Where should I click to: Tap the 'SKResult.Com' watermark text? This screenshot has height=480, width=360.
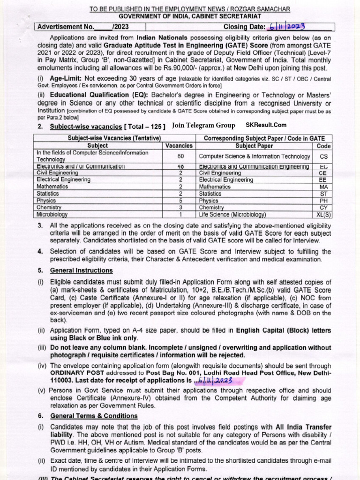(x=266, y=125)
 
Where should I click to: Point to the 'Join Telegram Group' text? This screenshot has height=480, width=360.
(x=203, y=125)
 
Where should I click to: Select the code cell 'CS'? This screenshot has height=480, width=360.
(x=323, y=157)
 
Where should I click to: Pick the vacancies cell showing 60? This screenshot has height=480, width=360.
(x=180, y=157)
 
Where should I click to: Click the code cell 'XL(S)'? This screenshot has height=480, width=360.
(x=323, y=214)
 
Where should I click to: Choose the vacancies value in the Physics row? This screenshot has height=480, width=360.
(x=180, y=200)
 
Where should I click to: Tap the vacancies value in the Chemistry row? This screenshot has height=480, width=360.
(x=180, y=207)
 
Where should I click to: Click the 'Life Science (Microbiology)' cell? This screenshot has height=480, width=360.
(x=232, y=214)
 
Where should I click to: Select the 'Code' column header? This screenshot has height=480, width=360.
(x=323, y=146)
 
